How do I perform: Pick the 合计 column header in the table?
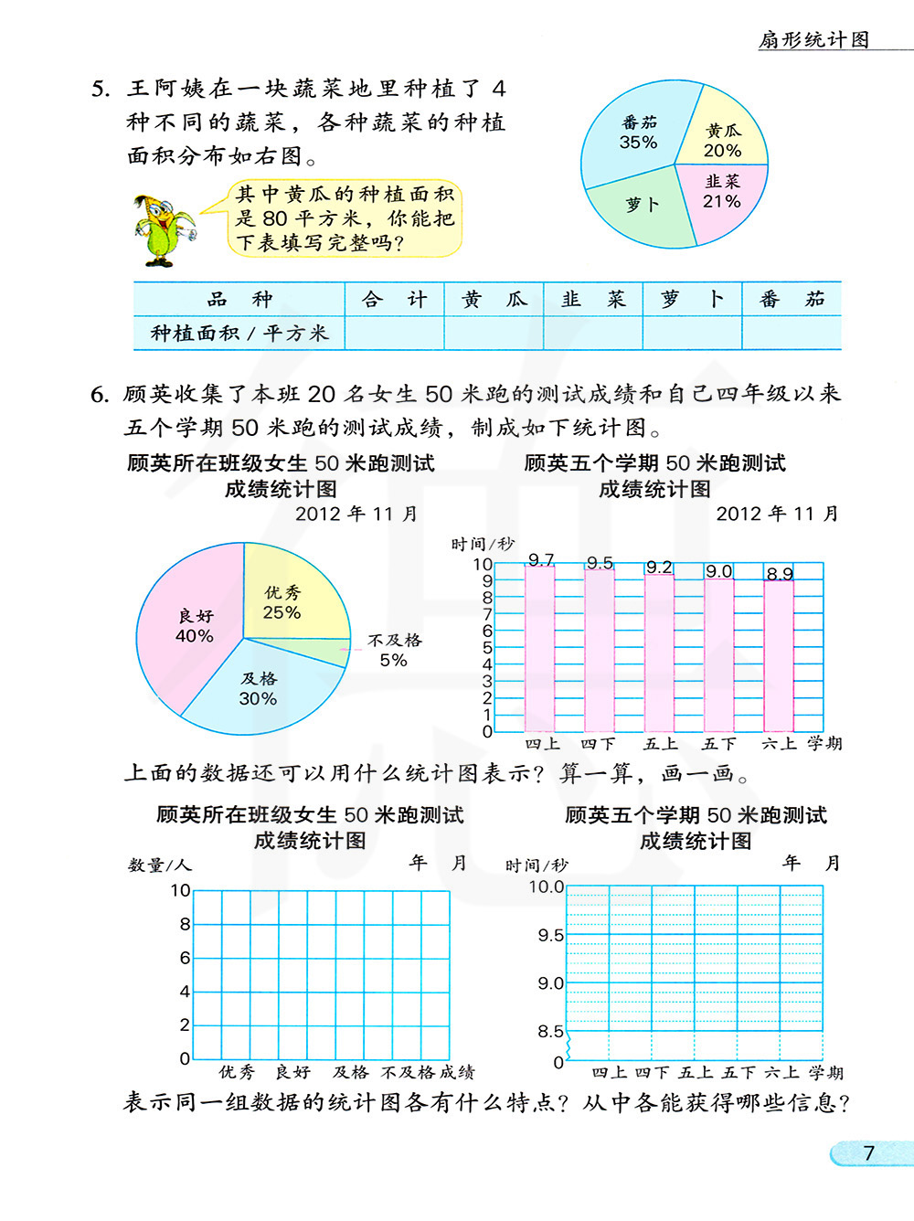[394, 300]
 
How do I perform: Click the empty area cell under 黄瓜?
[494, 334]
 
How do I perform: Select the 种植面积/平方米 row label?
[239, 334]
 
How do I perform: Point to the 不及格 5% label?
[395, 650]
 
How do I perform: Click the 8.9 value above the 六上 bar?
[780, 574]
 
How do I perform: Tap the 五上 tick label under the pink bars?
[661, 744]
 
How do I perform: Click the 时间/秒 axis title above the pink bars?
[483, 545]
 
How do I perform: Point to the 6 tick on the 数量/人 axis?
[185, 958]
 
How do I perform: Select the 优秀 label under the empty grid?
[237, 1072]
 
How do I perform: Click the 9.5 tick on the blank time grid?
[550, 936]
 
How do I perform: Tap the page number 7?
[869, 1153]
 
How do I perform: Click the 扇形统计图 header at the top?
[814, 39]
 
